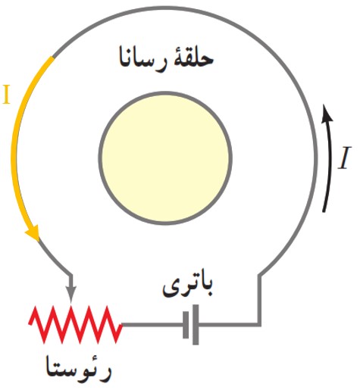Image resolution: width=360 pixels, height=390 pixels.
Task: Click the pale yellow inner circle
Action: (165, 158)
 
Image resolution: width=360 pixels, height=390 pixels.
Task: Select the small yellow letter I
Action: (6, 95)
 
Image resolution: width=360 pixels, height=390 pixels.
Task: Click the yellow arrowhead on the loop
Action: (33, 232)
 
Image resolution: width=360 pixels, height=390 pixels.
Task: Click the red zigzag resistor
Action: (76, 325)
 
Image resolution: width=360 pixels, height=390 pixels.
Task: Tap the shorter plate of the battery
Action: (186, 325)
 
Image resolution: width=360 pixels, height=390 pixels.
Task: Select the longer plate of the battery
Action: (196, 325)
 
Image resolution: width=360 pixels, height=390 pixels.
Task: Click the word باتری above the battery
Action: (187, 288)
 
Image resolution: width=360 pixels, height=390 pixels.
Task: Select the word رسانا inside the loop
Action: (142, 61)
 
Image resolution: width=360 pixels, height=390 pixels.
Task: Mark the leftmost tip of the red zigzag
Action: (30, 324)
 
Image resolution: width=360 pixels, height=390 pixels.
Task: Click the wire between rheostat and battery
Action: (152, 325)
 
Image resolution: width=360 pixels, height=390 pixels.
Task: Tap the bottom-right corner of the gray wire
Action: (259, 325)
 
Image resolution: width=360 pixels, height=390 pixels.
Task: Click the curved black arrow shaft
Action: (329, 164)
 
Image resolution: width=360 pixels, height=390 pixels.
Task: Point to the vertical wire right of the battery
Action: (259, 300)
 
